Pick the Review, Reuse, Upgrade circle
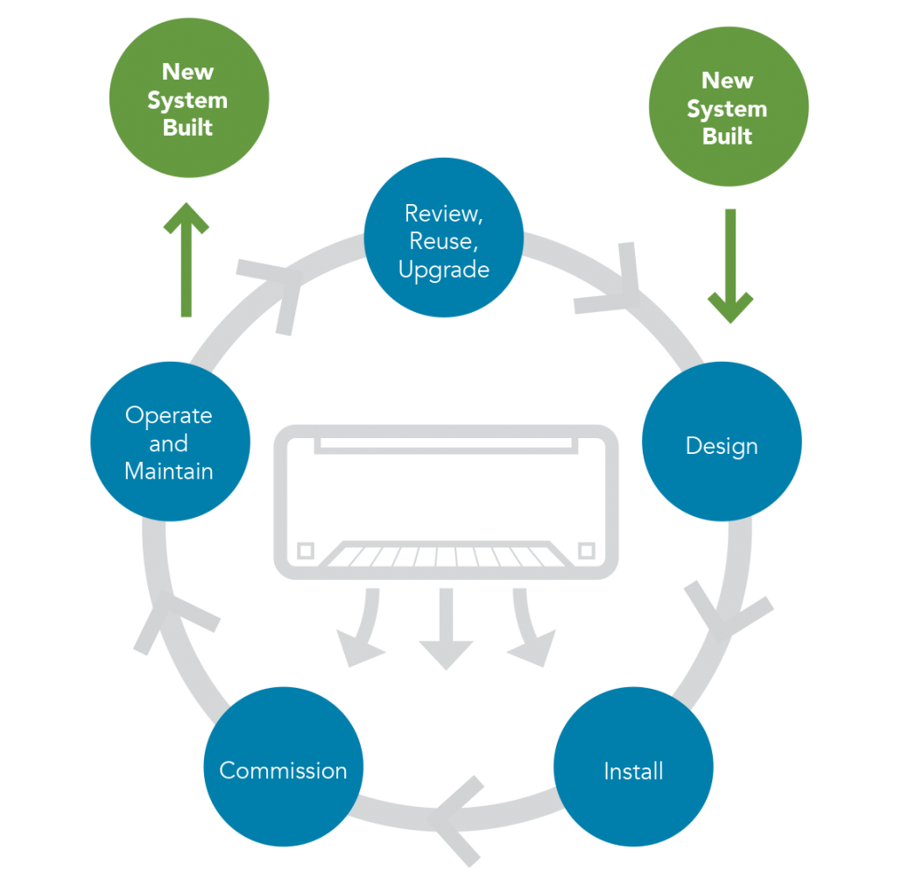point(443,238)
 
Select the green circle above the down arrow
point(728,106)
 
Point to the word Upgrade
point(443,269)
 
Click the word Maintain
point(169,471)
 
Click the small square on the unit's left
point(305,550)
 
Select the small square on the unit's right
point(587,550)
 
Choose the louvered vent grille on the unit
point(446,556)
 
